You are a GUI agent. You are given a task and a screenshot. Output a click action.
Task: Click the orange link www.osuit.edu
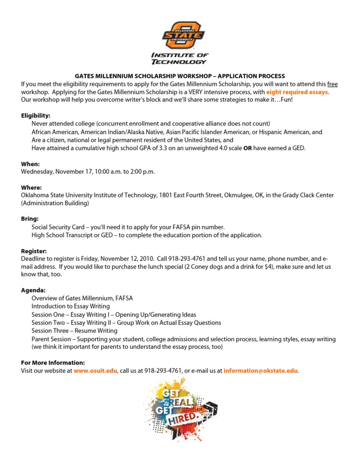(96, 370)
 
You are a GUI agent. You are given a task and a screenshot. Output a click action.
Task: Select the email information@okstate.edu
(260, 370)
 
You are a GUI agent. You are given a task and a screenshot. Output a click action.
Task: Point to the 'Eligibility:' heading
(36, 115)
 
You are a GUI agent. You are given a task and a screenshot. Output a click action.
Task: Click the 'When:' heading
(30, 164)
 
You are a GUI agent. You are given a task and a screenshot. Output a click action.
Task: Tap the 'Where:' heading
(32, 187)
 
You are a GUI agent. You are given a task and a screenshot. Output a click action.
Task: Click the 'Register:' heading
(34, 251)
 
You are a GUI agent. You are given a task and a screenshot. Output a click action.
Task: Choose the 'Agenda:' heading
(33, 290)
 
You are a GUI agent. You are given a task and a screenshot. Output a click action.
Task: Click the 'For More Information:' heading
(53, 362)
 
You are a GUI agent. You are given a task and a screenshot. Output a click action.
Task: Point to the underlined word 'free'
(332, 84)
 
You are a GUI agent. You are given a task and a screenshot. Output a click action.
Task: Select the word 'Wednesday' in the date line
(37, 172)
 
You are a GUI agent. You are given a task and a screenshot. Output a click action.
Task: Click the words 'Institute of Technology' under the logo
(180, 58)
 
